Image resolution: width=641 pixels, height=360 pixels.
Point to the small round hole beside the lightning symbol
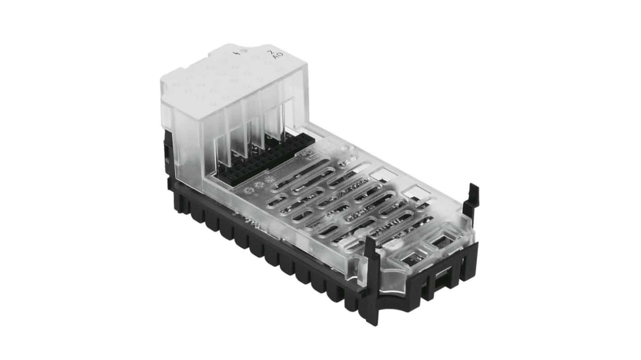pos(244,51)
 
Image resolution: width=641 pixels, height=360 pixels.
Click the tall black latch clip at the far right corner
pos(471,198)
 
